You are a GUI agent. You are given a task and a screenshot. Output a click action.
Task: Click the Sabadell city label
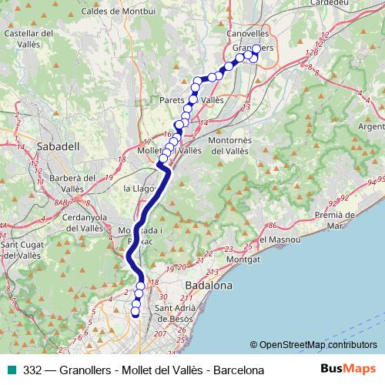tap(53, 145)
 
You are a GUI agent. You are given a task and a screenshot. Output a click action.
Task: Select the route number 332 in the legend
tap(32, 370)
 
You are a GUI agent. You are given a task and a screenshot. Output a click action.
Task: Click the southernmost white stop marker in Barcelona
tap(136, 313)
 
